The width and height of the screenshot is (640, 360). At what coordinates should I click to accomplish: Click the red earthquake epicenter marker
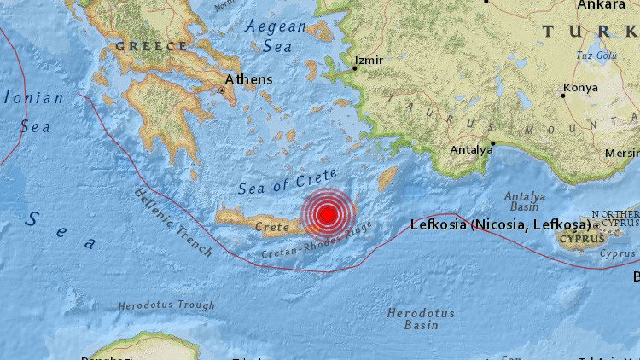(326, 214)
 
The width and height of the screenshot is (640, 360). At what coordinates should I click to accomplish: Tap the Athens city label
(249, 79)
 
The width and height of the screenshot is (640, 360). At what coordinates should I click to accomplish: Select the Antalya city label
(472, 150)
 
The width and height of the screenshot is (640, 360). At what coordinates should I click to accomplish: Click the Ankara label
(601, 5)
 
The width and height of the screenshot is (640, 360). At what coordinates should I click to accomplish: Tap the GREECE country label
(151, 45)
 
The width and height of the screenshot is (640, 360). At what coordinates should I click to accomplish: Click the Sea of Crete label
(276, 183)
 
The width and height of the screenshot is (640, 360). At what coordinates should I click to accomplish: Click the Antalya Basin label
(525, 201)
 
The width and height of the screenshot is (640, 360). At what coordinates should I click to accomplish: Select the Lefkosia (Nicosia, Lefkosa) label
(501, 225)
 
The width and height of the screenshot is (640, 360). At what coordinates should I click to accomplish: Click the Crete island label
(272, 228)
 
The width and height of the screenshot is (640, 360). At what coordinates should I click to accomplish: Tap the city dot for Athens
(223, 89)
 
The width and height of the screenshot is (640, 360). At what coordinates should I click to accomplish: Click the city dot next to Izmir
(354, 67)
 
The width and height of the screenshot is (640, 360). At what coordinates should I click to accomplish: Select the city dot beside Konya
(562, 95)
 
